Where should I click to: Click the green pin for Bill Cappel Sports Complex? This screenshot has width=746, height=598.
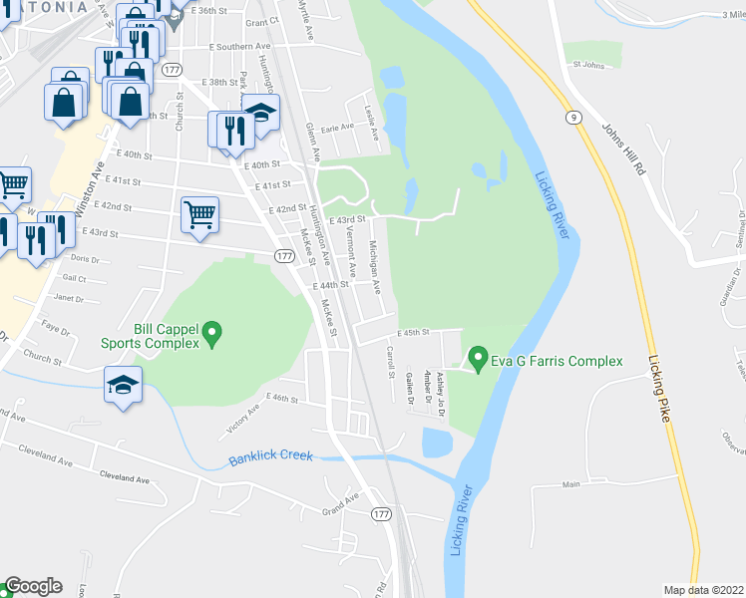pos(211,334)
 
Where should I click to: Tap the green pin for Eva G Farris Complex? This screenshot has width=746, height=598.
pos(478,358)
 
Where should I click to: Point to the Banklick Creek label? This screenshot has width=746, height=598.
pos(270,458)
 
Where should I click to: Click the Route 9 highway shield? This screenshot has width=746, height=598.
pos(574,118)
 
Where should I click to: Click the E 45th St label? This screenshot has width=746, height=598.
pos(412,333)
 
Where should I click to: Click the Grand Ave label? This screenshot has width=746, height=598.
pos(339,503)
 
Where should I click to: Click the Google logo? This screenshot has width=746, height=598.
pos(33,586)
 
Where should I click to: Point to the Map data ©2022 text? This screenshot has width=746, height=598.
pos(703,590)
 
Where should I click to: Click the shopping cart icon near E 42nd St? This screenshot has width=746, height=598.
pos(199,214)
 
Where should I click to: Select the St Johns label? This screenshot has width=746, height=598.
pos(588,66)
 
